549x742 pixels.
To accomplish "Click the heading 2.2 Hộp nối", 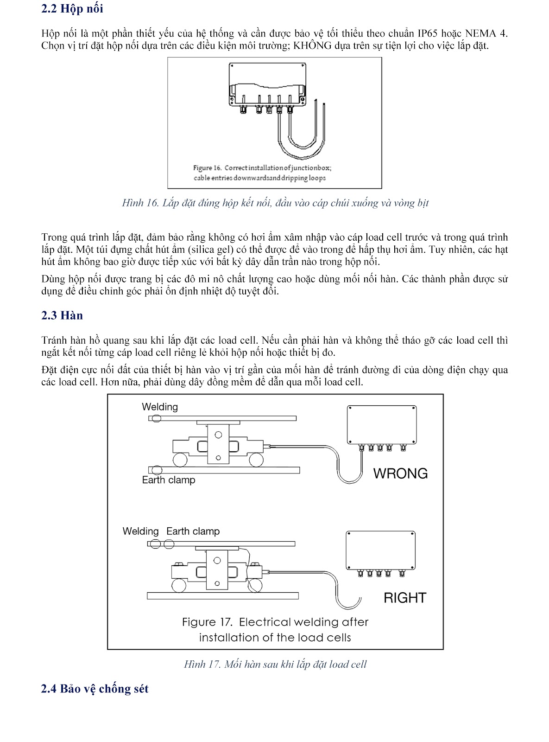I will (x=72, y=9).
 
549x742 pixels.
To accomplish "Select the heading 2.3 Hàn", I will (x=62, y=315).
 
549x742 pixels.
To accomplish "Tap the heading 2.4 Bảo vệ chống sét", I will (x=95, y=689).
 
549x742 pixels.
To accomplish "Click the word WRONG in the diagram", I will (x=400, y=473).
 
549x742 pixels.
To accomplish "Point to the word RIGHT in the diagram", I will (x=404, y=598).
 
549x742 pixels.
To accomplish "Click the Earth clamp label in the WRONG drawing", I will (x=169, y=480).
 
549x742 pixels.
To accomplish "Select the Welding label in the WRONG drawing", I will (x=160, y=407).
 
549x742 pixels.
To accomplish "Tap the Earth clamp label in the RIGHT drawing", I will (x=193, y=531).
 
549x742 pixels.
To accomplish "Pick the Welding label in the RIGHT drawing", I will (x=140, y=531).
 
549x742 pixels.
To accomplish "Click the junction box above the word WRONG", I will (x=382, y=425).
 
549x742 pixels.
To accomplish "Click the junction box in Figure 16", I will (x=267, y=83).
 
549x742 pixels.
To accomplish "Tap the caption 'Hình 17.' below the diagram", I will (x=202, y=664).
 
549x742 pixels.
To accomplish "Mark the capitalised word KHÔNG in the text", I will (x=313, y=45).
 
